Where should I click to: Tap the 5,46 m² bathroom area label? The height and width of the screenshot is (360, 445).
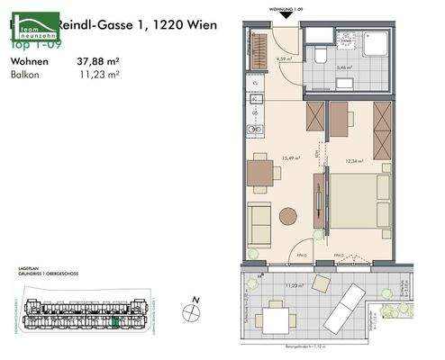point(345,67)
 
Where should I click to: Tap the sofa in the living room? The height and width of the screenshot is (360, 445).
point(259,223)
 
